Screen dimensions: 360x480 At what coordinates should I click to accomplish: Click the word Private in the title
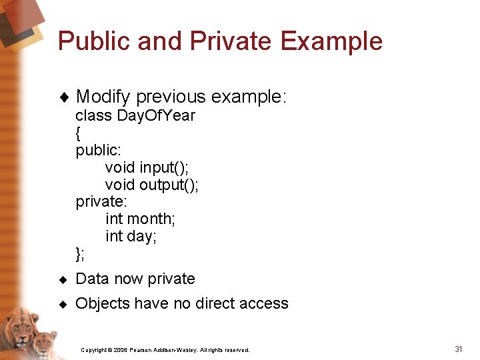(231, 41)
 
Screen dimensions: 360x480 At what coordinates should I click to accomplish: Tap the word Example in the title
(331, 41)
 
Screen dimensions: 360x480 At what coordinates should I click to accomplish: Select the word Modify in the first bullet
(103, 97)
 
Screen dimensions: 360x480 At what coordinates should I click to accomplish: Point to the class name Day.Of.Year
(156, 115)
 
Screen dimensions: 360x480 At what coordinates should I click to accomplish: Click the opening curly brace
(79, 133)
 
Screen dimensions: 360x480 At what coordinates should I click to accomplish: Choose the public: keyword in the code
(97, 150)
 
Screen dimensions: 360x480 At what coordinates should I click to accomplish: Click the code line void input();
(147, 167)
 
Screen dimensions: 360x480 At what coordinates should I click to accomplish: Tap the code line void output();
(151, 184)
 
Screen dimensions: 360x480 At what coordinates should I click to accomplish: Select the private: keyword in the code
(101, 201)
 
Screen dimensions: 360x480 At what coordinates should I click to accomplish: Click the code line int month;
(140, 219)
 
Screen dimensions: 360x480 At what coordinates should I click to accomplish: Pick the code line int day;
(131, 236)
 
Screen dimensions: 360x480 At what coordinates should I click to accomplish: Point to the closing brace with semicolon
(80, 253)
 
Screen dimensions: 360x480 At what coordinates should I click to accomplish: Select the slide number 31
(458, 349)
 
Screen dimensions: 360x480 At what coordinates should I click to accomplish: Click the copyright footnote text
(165, 349)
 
